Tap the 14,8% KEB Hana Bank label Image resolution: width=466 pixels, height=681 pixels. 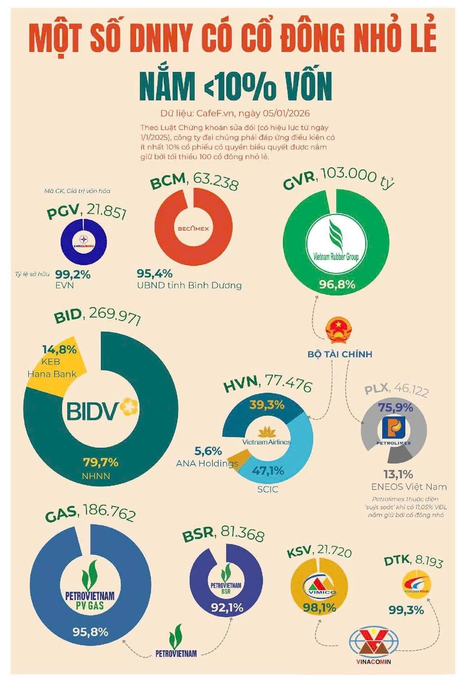(x=59, y=350)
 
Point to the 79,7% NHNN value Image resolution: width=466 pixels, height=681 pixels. (x=101, y=462)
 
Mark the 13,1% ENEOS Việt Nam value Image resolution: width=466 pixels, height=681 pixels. (x=398, y=474)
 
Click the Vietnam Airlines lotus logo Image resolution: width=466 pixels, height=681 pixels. (x=267, y=435)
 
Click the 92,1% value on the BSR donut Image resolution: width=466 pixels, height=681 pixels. (x=227, y=608)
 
